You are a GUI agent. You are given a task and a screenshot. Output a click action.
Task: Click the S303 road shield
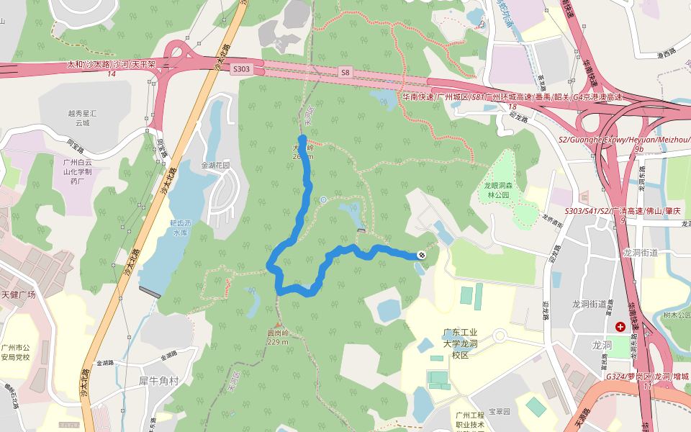(x=242, y=69)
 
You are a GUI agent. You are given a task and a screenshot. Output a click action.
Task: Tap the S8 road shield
(x=345, y=72)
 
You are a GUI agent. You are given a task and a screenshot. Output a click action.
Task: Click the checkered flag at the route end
(x=421, y=255)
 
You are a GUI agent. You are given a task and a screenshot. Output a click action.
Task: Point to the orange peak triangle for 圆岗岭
(x=277, y=325)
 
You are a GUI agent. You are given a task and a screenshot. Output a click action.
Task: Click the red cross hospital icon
(x=620, y=327)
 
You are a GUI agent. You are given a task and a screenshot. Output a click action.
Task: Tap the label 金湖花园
(x=214, y=165)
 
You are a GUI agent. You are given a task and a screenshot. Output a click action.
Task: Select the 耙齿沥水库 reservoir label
(x=180, y=228)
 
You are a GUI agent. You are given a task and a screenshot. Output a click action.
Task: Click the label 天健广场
(x=19, y=295)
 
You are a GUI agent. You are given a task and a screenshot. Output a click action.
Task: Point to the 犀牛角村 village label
(x=158, y=379)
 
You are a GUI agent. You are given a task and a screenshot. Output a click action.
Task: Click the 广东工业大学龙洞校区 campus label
(x=461, y=343)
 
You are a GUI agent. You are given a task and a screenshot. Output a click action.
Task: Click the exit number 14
(x=111, y=74)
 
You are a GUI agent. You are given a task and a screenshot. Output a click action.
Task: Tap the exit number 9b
(x=638, y=149)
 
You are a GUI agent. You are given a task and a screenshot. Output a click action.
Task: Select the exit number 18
(x=512, y=107)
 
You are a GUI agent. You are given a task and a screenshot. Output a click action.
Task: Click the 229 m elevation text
(x=277, y=342)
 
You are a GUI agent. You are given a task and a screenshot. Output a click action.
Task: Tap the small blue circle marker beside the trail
(x=323, y=199)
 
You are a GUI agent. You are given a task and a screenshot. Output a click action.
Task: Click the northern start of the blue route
(x=302, y=138)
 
